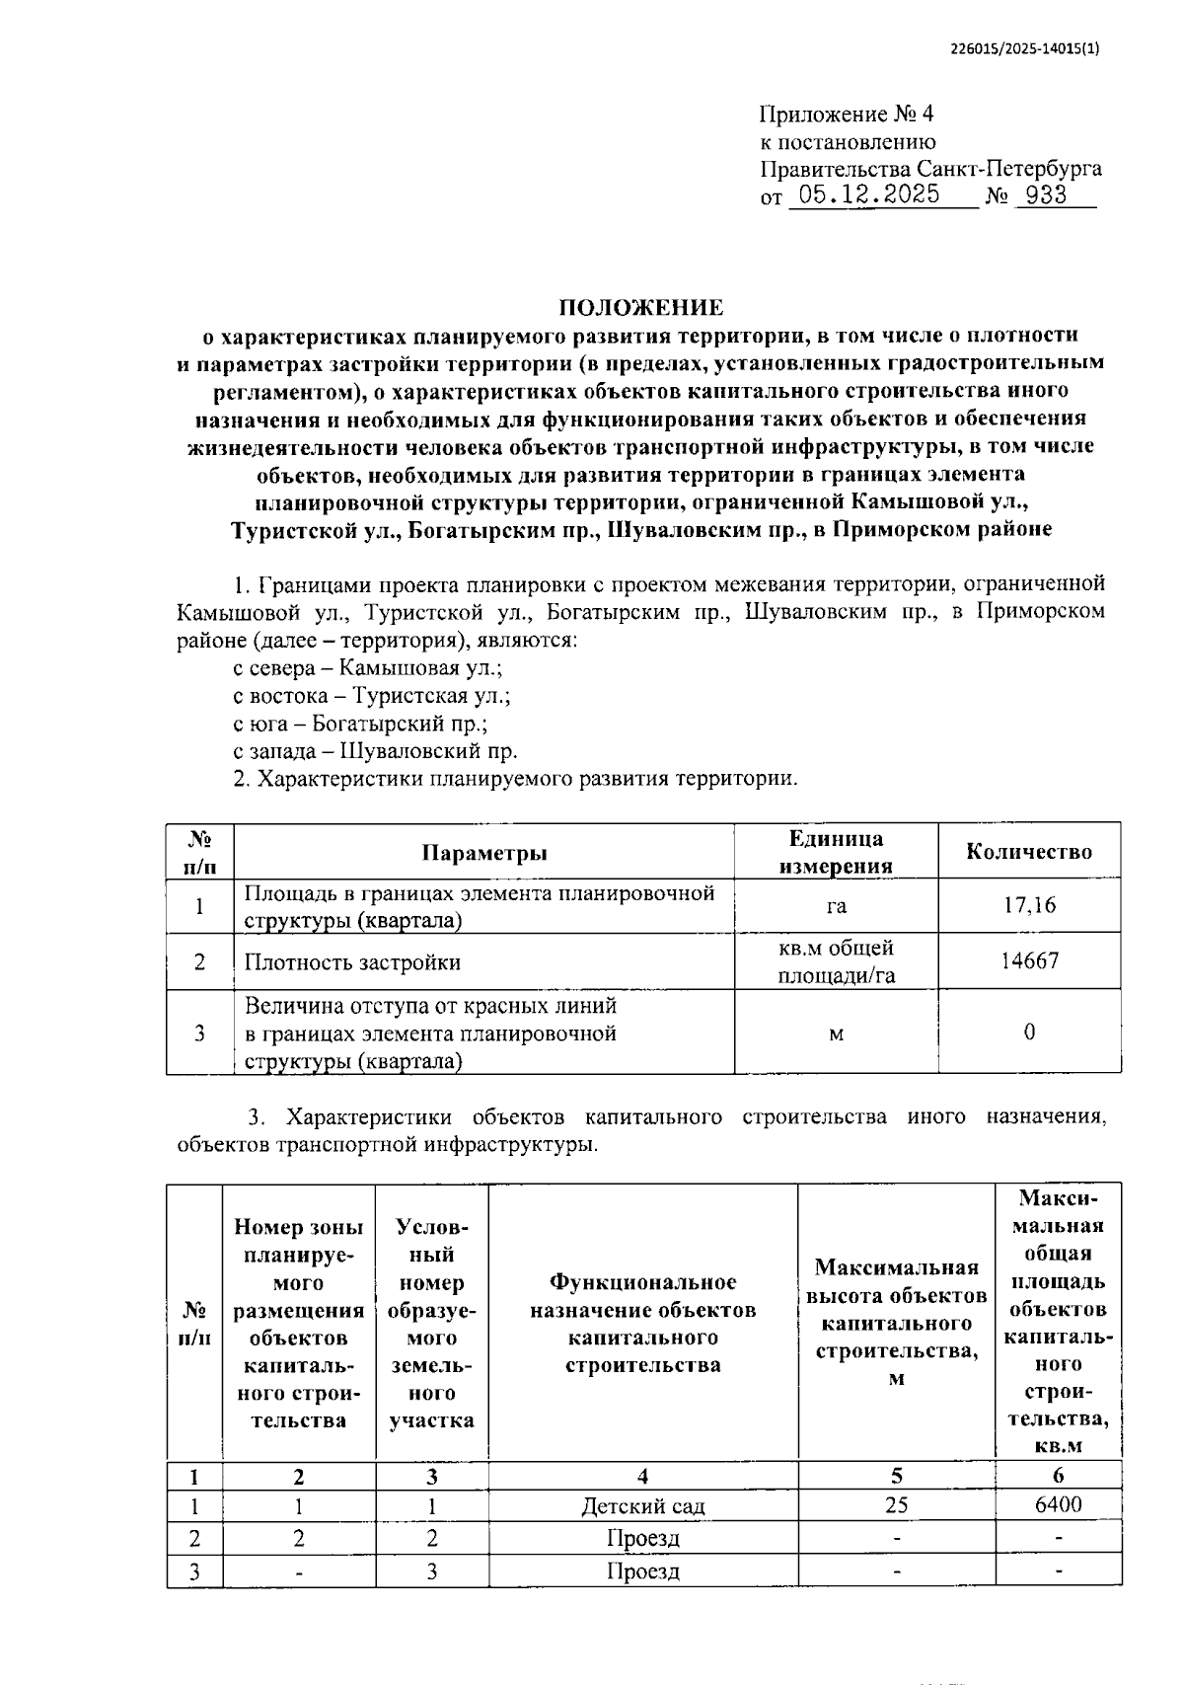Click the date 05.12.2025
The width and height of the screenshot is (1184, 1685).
pos(868,194)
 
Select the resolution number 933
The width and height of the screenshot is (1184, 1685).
pos(1046,195)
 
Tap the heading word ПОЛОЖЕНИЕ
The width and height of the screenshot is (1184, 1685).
pos(641,307)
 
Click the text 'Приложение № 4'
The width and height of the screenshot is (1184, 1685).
pos(846,115)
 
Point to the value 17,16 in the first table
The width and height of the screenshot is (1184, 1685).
pos(1029,905)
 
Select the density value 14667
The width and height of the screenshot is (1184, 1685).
pos(1029,960)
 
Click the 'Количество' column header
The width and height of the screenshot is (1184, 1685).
pos(1029,852)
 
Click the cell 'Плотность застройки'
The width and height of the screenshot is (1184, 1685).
pos(352,962)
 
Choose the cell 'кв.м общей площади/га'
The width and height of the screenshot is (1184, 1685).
pos(836,961)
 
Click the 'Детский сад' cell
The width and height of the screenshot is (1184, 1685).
pos(642,1506)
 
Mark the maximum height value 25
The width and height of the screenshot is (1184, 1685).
pos(896,1505)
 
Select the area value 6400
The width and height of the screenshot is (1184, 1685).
pos(1058,1504)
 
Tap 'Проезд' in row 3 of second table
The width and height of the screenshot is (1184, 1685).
pos(642,1570)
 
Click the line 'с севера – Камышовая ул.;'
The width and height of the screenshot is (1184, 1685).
pos(368,668)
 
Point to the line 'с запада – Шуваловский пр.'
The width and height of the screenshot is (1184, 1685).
pos(375,751)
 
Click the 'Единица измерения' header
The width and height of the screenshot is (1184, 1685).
pos(836,852)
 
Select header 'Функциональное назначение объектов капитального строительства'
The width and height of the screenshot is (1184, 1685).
pos(642,1323)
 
